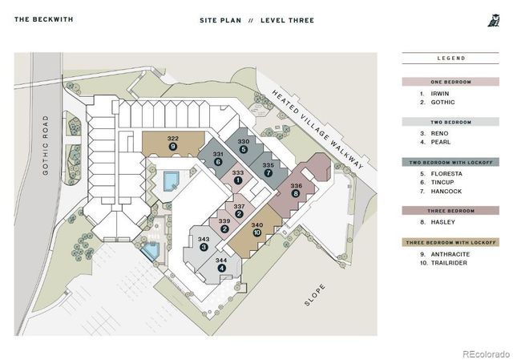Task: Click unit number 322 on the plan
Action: coord(173,139)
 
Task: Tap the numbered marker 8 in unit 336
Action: coord(296,193)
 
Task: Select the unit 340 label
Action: coord(257,224)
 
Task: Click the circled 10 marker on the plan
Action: coord(257,233)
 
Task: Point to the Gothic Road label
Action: coord(46,145)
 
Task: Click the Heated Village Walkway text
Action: coord(317,129)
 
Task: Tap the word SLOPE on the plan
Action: coord(315,295)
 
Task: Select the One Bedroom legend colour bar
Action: coord(450,82)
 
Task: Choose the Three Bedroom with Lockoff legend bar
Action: coord(450,242)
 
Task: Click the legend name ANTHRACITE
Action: coord(450,254)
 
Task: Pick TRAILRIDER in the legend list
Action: coord(449,263)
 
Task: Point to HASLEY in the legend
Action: coord(443,222)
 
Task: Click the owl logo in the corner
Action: coord(494,20)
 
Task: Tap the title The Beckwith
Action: coord(44,19)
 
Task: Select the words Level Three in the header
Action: coord(287,20)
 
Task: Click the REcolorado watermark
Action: coord(487,354)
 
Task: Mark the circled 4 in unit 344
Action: coord(221,268)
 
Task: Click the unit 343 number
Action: coord(204,239)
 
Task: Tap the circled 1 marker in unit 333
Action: coord(238,180)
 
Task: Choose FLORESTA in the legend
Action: coord(446,174)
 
